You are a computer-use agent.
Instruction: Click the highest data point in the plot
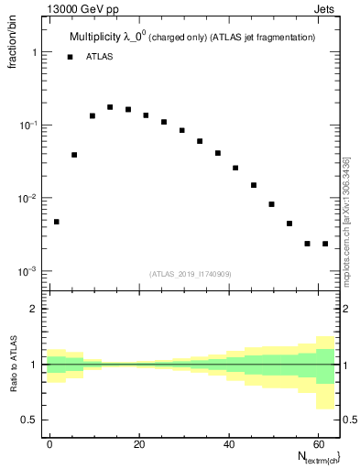tap(110, 107)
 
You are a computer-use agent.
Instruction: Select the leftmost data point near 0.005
tap(57, 222)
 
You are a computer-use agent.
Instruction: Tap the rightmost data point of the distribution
tap(325, 244)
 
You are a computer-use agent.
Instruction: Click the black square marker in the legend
tap(70, 57)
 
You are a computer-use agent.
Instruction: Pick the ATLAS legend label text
tap(101, 57)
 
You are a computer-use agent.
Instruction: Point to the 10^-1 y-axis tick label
tap(27, 125)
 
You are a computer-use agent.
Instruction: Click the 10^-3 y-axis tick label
tap(27, 272)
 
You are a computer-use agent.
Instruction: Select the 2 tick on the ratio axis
tap(33, 309)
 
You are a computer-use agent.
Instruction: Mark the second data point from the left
tap(74, 155)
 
